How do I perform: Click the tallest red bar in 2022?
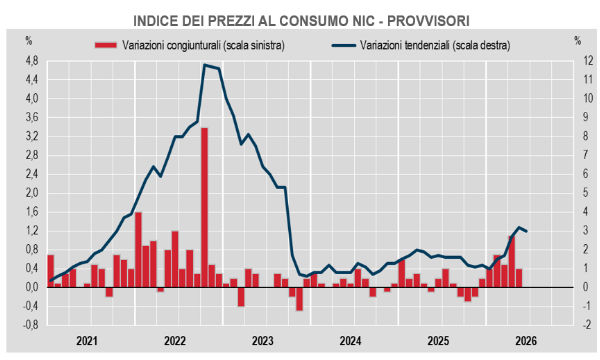point(204,207)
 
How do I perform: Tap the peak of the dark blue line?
point(205,65)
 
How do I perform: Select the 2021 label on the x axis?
point(87,340)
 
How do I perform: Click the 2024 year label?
point(350,340)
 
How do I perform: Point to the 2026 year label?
point(526,340)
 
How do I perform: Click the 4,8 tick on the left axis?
point(32,61)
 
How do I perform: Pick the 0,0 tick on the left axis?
point(32,287)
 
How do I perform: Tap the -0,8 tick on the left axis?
point(31,325)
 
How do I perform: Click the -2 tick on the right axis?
point(587,325)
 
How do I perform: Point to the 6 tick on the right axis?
point(585,174)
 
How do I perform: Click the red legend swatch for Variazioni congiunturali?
point(106,45)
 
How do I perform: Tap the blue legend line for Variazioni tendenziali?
point(344,46)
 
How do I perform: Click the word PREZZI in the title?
point(231,21)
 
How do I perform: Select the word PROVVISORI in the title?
point(428,21)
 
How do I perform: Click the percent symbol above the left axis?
point(29,41)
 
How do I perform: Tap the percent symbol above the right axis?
point(578,41)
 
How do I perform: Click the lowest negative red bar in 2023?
point(299,299)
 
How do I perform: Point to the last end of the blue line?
point(527,231)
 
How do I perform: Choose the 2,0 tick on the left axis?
point(32,193)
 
